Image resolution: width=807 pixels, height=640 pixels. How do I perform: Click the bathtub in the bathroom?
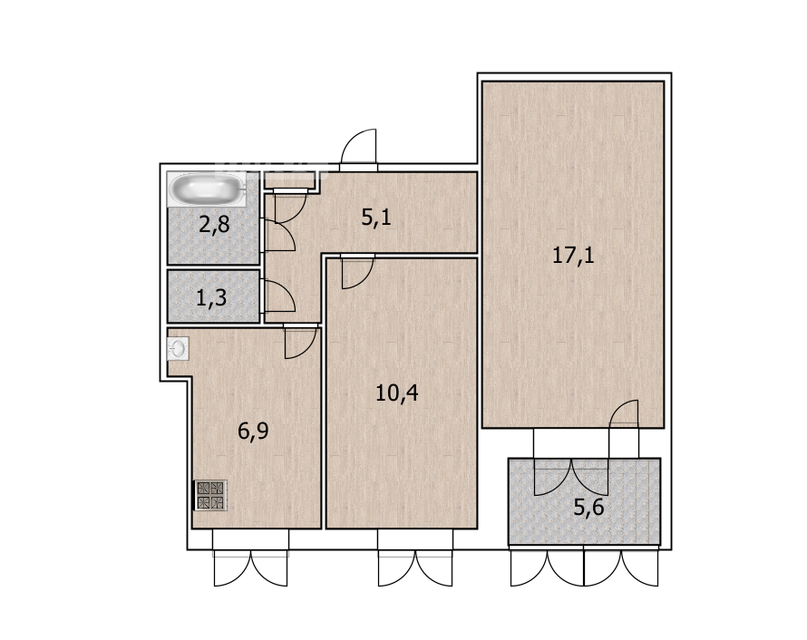point(207,189)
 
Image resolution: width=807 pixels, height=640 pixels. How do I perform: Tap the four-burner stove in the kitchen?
point(210,496)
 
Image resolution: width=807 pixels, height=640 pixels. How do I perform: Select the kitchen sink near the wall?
point(178,348)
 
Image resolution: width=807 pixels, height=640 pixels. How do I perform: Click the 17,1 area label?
point(573,255)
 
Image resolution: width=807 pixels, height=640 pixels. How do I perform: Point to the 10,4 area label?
point(397,393)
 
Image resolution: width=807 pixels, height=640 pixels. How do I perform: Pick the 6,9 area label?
point(253,431)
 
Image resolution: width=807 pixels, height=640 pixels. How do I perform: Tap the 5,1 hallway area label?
point(376,217)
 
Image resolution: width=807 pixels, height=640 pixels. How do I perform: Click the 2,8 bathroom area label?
point(214,225)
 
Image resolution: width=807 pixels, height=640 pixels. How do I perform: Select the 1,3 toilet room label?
point(211,297)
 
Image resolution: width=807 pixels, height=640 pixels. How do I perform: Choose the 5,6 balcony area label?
point(588,508)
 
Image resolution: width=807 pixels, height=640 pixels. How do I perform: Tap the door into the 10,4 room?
point(357,272)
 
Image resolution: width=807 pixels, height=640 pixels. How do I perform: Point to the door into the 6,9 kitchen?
point(300,342)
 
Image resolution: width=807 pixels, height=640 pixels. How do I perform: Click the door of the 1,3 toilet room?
point(279,296)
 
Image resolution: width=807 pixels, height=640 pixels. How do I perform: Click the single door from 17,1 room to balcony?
point(624,413)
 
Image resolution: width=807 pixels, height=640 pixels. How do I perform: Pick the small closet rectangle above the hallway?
point(289,180)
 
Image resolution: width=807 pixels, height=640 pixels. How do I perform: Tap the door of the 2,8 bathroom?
point(279,235)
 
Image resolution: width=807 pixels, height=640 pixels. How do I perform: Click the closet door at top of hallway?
point(291,206)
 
